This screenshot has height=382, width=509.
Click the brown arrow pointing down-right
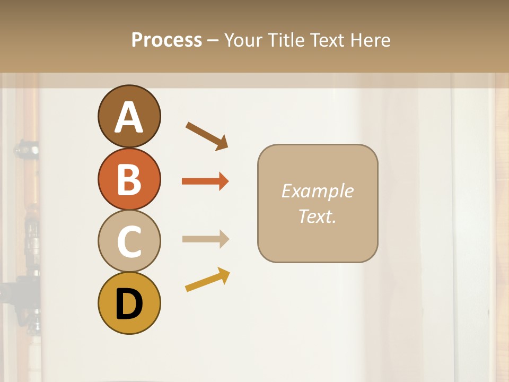(207, 136)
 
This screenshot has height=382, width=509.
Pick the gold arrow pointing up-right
(207, 280)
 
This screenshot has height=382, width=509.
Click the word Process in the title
(166, 40)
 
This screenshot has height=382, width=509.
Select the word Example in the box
(317, 191)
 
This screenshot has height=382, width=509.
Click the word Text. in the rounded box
(317, 216)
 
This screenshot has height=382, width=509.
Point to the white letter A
(129, 118)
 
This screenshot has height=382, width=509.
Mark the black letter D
(129, 304)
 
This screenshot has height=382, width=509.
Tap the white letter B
(129, 179)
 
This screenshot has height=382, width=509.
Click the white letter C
(129, 242)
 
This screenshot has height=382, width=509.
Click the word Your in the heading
(244, 40)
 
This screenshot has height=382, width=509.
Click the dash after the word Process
(213, 40)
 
